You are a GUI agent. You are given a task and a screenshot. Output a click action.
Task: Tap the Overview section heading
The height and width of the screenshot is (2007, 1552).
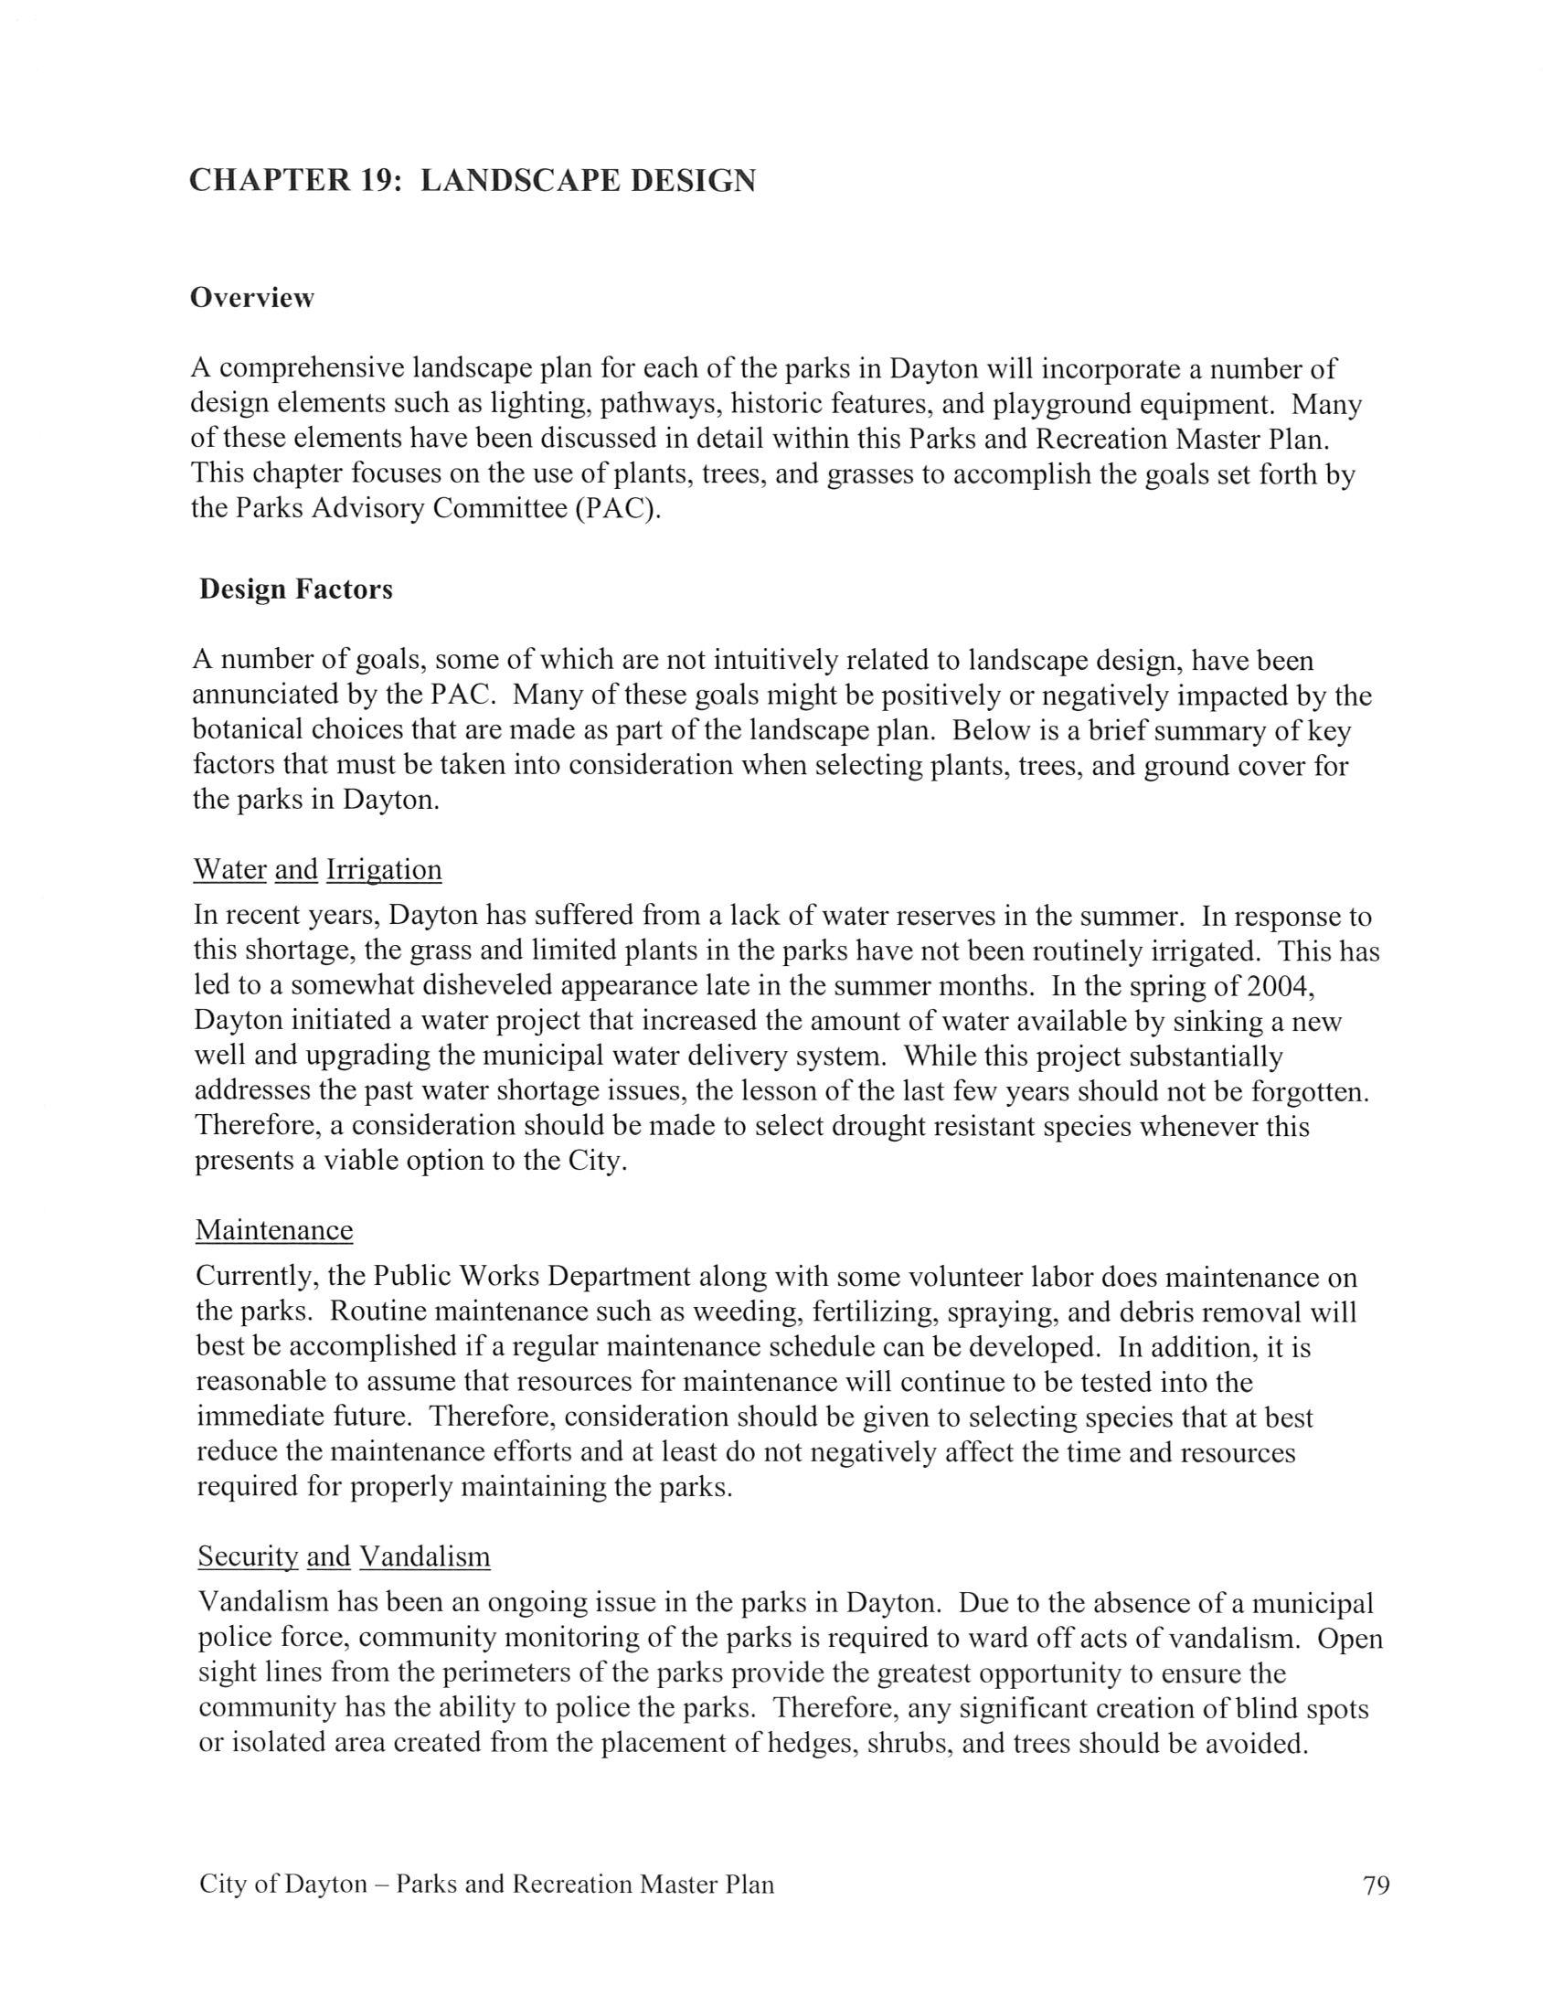(x=251, y=298)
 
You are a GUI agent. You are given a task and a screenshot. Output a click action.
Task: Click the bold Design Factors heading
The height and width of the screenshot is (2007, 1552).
(x=296, y=589)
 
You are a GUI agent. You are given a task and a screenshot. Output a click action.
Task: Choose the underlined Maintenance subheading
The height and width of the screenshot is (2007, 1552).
(x=274, y=1230)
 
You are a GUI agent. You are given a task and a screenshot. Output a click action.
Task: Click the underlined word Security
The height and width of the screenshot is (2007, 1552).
(x=248, y=1556)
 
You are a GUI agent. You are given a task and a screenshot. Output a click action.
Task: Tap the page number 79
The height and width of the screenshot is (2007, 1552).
(x=1377, y=1884)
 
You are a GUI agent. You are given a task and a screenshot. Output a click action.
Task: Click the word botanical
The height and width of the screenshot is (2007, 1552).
(x=246, y=730)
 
